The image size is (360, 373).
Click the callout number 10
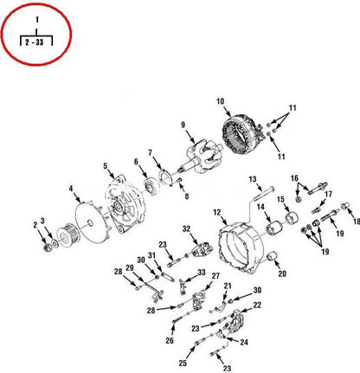(220, 101)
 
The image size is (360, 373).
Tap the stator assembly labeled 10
(241, 134)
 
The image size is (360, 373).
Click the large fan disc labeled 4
(91, 222)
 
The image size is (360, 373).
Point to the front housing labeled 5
(125, 204)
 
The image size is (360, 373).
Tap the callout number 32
(186, 228)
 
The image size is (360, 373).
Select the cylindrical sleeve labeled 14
(274, 228)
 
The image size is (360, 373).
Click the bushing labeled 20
(272, 256)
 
